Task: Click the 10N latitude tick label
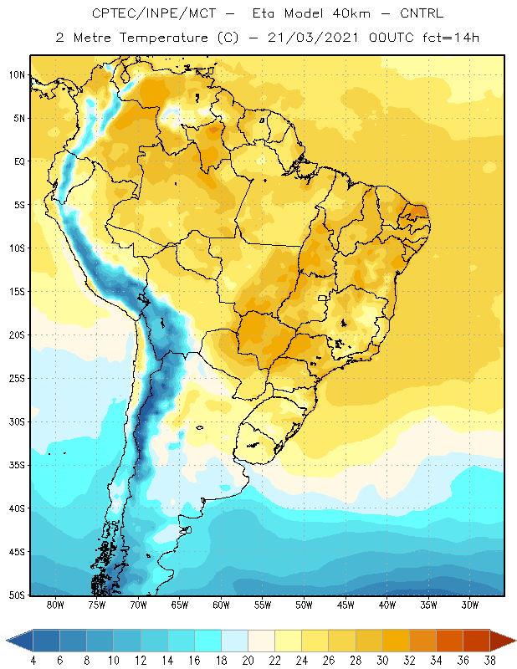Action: [17, 75]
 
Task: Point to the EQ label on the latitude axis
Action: [19, 161]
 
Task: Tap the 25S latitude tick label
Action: [17, 379]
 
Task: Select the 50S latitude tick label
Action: [17, 595]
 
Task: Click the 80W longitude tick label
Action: [55, 605]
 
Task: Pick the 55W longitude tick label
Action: [263, 605]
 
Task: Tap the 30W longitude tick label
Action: [470, 605]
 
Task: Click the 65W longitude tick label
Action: [180, 605]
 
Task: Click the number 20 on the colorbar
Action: [248, 661]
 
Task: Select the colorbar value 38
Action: [490, 661]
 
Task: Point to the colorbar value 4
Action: [33, 661]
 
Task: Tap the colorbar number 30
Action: [382, 661]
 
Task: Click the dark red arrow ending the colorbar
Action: [502, 641]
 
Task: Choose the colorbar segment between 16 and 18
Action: [208, 641]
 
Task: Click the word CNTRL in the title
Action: [422, 13]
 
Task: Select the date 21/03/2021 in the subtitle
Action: [313, 38]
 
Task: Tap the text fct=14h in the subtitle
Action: [451, 38]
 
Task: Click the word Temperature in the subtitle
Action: [163, 38]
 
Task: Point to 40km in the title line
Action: [351, 13]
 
